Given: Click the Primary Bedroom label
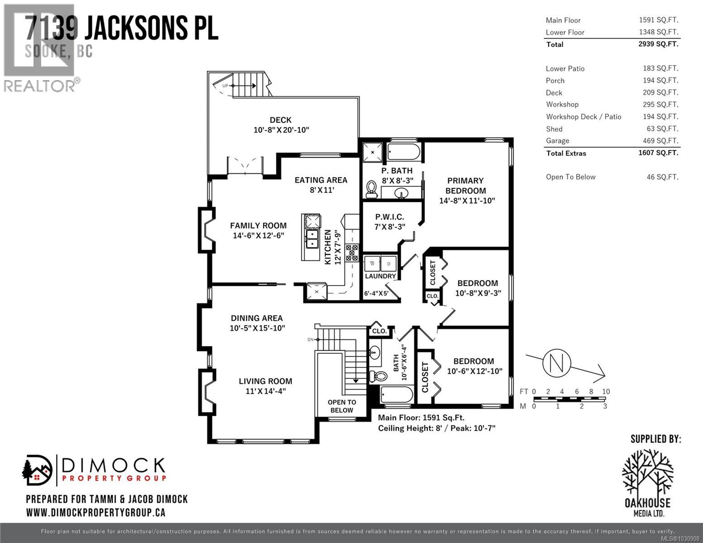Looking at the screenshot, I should pos(465,186).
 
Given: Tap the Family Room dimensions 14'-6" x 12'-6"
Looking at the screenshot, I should pos(258,236).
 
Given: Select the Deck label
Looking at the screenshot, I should pos(281,120).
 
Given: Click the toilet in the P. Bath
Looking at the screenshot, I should pos(372,189).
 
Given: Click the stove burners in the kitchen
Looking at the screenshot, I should pos(352,252).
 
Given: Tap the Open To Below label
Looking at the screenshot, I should pos(342,406).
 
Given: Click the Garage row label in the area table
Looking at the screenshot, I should pos(557,141).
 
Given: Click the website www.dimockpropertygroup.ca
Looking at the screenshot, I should pos(96,512).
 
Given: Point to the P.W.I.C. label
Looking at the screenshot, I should pos(389,217).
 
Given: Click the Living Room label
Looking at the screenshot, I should pos(265,381).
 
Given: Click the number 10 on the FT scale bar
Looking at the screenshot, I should pos(606,391).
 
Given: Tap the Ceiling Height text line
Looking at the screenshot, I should pos(436,428).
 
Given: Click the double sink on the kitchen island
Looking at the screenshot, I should pos(312,239).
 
